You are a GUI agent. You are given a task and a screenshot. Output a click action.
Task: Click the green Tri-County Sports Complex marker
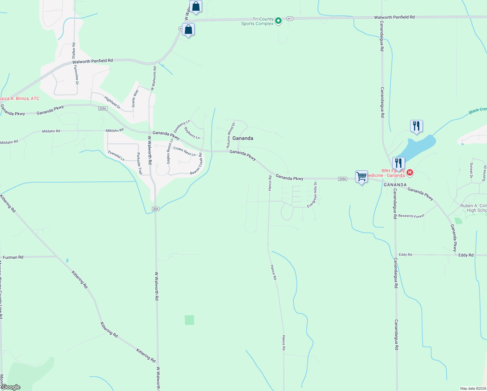[278, 21]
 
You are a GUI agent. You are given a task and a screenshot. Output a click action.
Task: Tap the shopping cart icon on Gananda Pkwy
[361, 177]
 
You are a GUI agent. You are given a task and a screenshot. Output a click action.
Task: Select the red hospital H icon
[410, 172]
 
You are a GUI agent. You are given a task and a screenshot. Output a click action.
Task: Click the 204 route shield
[156, 209]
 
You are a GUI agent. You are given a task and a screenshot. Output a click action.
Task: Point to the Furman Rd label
[13, 257]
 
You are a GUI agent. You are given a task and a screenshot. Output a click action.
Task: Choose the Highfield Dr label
[112, 102]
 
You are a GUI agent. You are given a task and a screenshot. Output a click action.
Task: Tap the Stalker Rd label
[74, 51]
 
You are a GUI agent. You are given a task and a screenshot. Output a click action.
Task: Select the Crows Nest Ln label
[184, 152]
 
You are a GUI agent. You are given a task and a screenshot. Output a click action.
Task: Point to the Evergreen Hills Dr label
[312, 195]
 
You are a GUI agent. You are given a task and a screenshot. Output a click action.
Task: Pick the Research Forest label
[411, 216]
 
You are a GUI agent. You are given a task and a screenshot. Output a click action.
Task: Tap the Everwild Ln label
[116, 156]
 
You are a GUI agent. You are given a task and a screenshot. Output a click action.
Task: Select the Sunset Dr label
[471, 170]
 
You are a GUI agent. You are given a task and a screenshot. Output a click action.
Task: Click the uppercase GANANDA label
[395, 185]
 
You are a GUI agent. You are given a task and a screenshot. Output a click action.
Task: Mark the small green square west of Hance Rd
[189, 320]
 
